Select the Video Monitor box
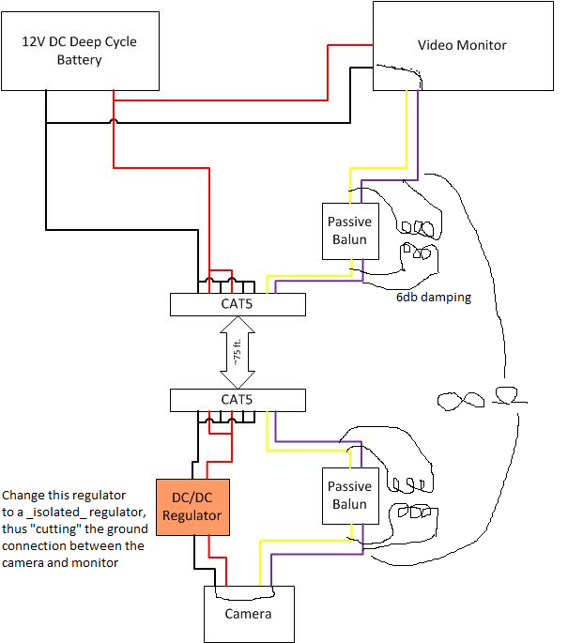click(x=462, y=45)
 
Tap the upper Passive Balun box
click(x=350, y=231)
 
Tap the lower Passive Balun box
click(x=350, y=496)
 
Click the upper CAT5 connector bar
click(x=238, y=304)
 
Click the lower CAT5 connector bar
click(x=238, y=400)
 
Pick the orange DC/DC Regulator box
click(x=192, y=505)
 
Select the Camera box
click(x=249, y=614)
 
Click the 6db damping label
click(x=433, y=297)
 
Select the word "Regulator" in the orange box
click(x=192, y=514)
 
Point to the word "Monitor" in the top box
click(x=483, y=45)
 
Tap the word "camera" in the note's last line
click(x=26, y=562)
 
